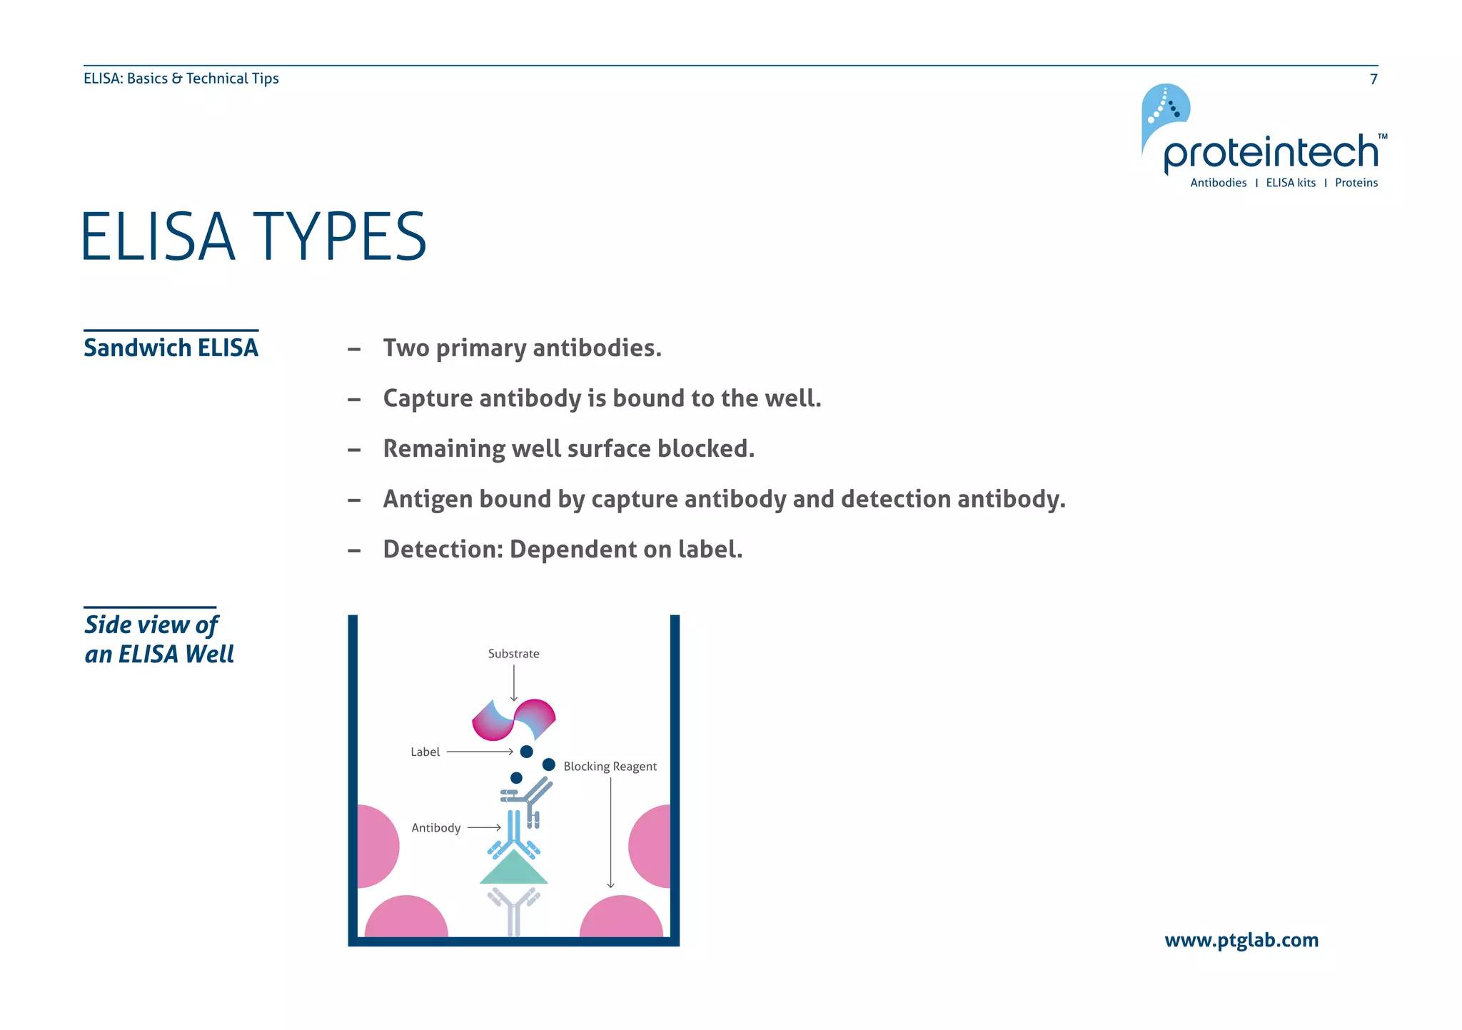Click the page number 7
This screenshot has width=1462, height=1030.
point(1373,79)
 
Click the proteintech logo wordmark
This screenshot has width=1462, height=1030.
point(1271,153)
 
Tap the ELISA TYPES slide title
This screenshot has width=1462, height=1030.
point(253,237)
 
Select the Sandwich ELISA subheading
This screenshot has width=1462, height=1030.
point(171,348)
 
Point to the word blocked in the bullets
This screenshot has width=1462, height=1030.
point(705,449)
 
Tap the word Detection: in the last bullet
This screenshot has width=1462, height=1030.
point(443,550)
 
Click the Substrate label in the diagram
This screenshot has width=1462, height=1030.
point(513,654)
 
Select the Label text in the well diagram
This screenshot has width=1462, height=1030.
point(425,752)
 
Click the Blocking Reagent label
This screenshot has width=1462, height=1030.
point(610,767)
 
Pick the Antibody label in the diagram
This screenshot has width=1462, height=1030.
point(435,828)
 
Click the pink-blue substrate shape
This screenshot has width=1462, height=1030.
point(514,720)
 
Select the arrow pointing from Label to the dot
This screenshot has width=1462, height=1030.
point(480,752)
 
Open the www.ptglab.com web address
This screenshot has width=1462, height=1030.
point(1241,941)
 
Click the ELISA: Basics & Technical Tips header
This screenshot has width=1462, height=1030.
point(181,79)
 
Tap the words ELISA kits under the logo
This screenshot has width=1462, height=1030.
point(1290,183)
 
